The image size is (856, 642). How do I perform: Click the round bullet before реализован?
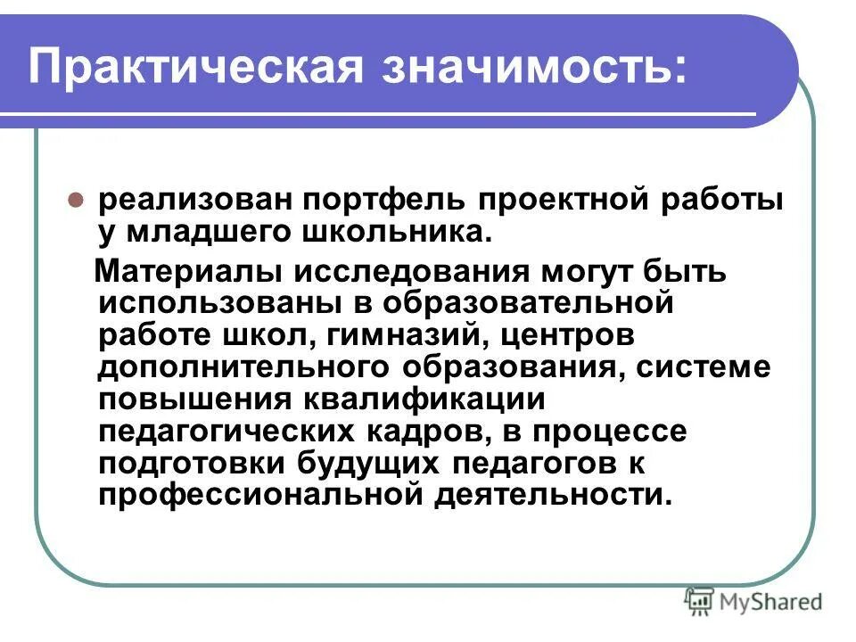[x=77, y=200]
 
